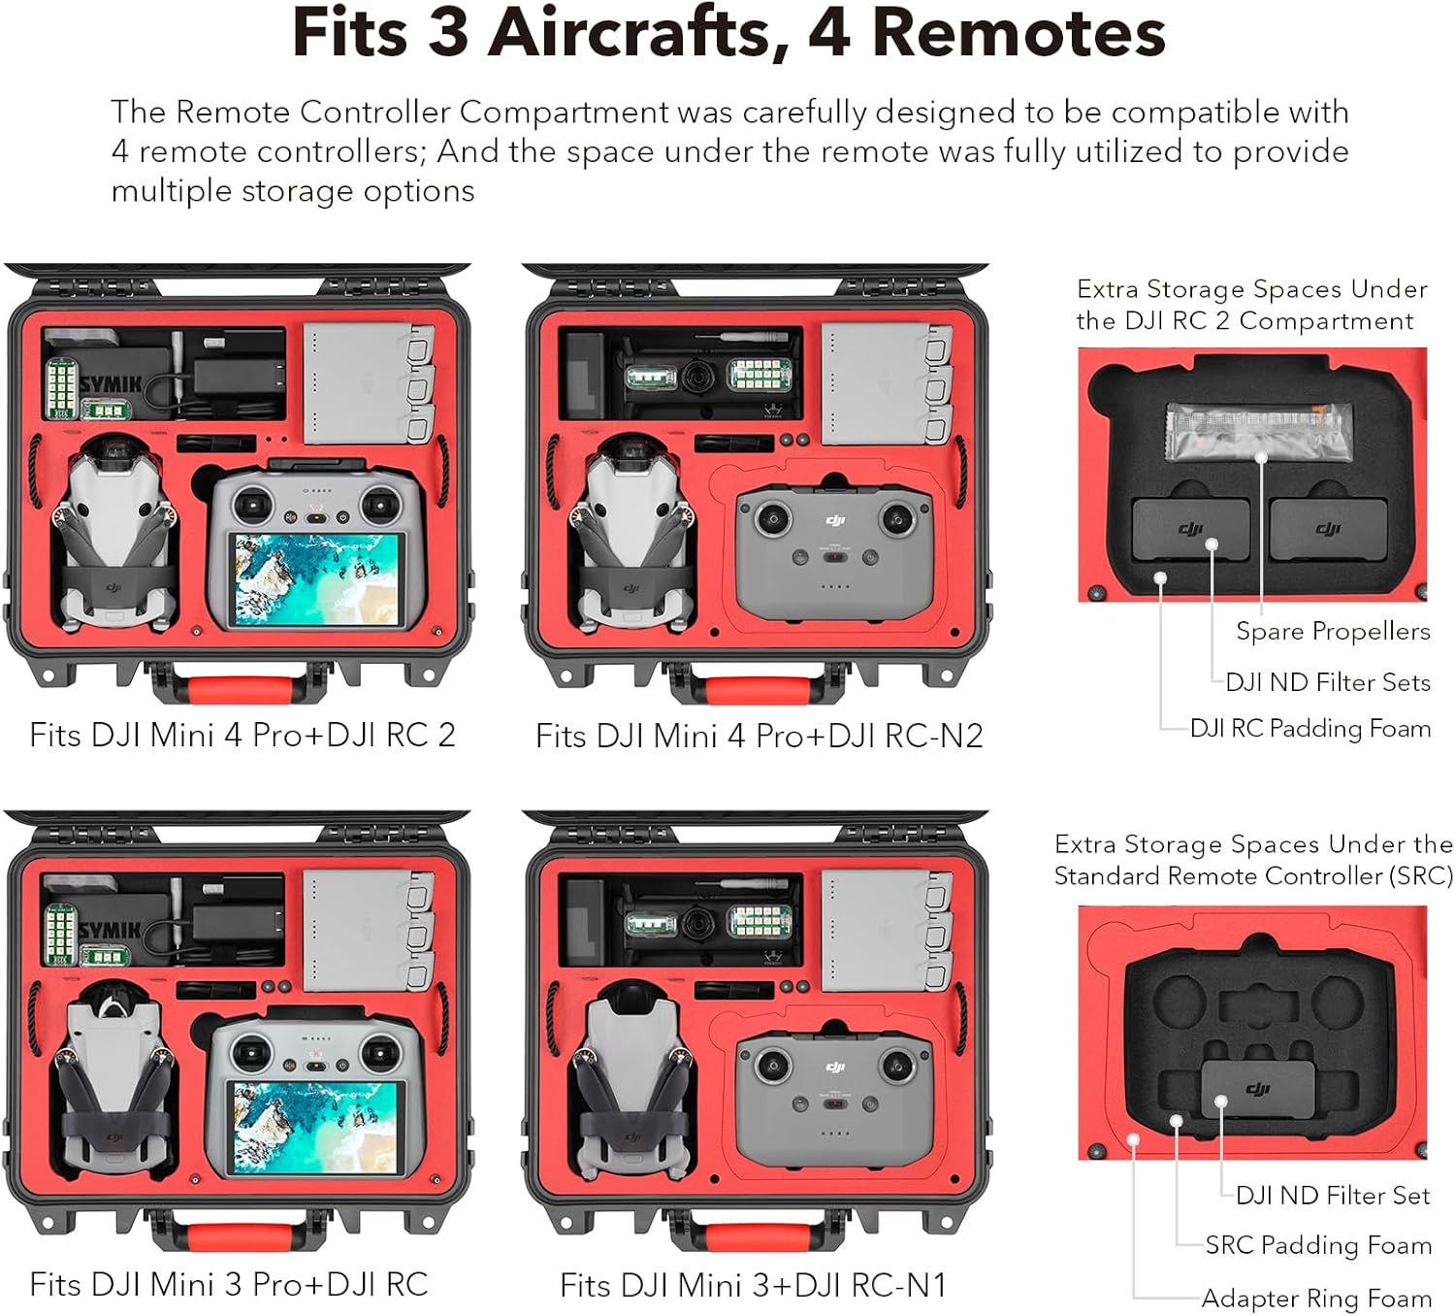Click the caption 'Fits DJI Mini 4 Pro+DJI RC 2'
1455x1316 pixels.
point(242,735)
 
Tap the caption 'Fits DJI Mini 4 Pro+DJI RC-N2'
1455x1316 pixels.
point(759,736)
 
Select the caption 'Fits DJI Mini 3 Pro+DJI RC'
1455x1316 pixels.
point(229,1284)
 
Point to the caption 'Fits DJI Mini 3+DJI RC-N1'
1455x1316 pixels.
point(753,1285)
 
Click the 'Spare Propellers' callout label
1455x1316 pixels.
point(1332,632)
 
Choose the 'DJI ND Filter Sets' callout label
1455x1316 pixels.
point(1327,682)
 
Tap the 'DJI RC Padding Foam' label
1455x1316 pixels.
point(1309,728)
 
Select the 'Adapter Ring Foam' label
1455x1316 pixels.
point(1315,1298)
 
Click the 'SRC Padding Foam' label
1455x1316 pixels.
point(1317,1245)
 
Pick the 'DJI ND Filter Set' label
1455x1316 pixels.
point(1332,1196)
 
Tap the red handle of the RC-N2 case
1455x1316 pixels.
point(752,691)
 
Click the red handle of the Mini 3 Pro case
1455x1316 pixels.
point(233,1237)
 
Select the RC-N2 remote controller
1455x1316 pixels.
point(835,548)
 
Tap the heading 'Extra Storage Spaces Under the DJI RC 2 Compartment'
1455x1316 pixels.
point(1250,305)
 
